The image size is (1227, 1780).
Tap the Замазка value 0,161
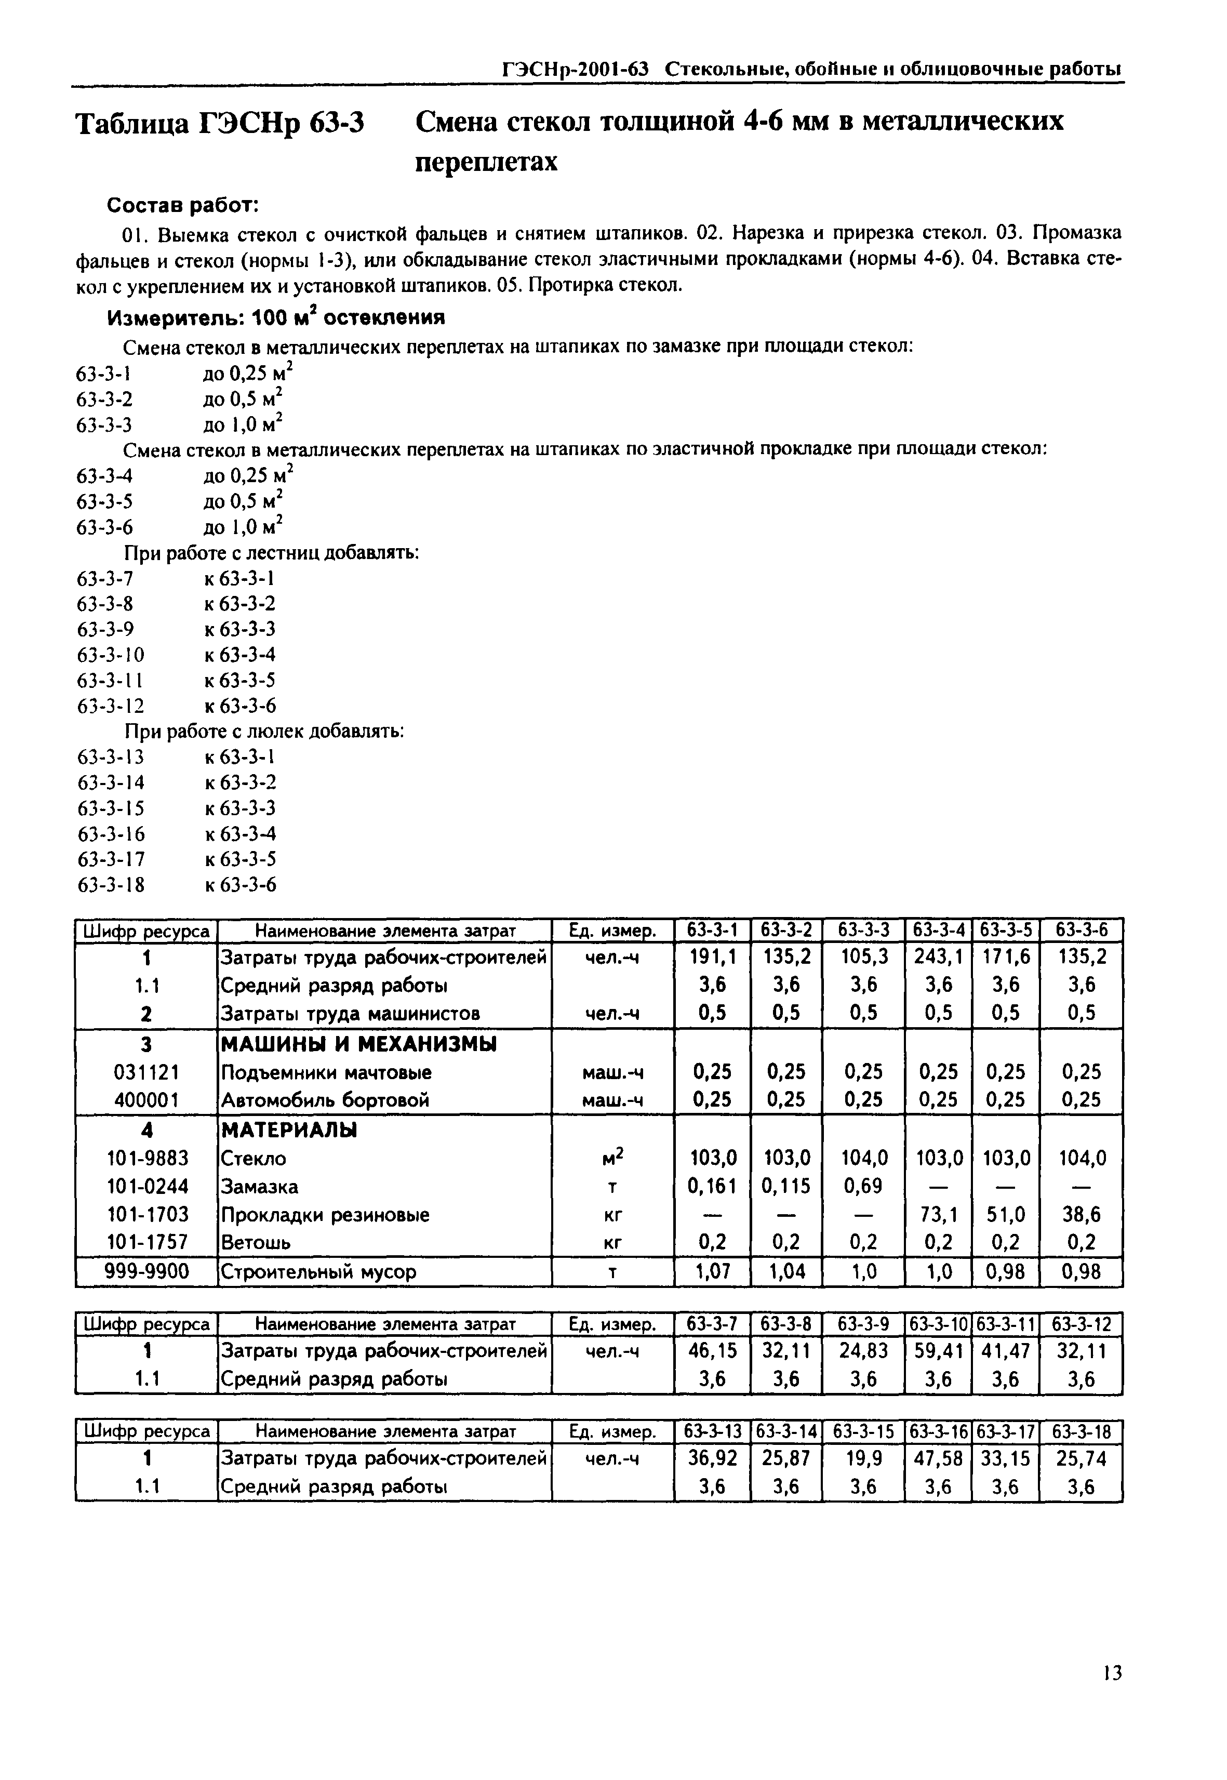point(711,1187)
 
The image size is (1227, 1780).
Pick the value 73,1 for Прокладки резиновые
point(938,1214)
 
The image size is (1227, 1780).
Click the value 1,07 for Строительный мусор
point(711,1272)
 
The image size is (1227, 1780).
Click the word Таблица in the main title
point(133,123)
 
